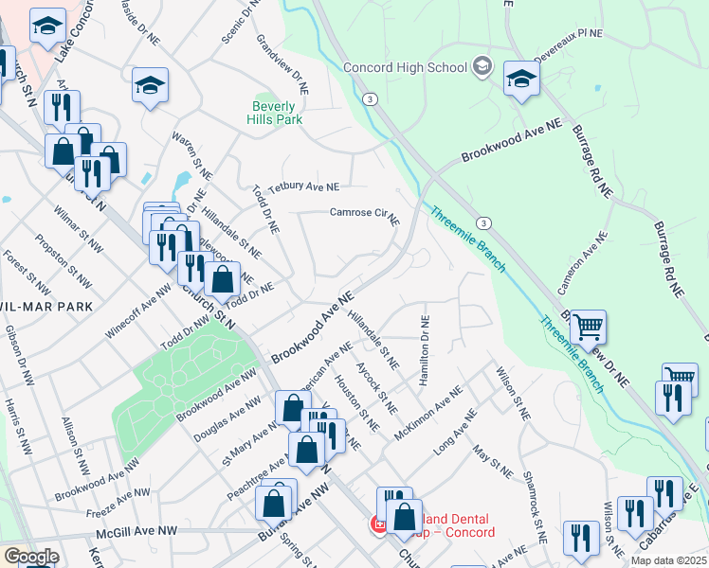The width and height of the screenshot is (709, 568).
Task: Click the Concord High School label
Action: tap(405, 67)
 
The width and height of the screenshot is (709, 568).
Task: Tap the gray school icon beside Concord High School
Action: tap(482, 66)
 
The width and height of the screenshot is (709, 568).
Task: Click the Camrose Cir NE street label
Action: tap(364, 215)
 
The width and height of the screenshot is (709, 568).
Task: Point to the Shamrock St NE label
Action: tap(535, 506)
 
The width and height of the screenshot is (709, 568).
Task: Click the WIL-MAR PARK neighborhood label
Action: tap(45, 307)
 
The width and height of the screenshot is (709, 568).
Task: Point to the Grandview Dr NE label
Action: tap(282, 65)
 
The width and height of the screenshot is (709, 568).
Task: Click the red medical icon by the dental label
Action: tap(378, 524)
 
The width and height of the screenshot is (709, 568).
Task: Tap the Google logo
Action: tap(30, 557)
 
